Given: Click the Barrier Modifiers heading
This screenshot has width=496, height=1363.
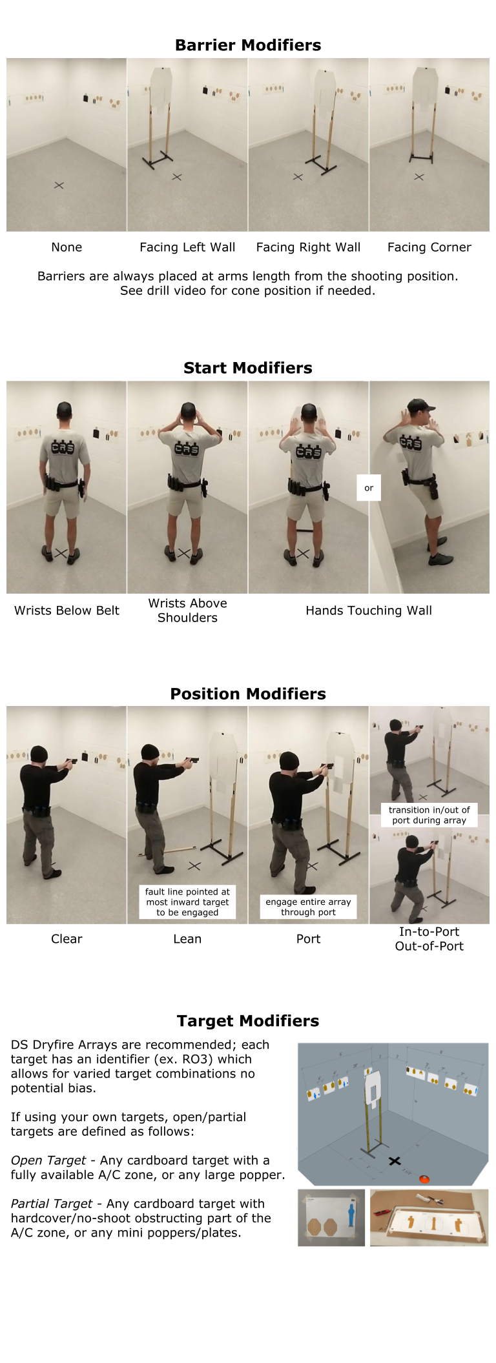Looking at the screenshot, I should tap(248, 45).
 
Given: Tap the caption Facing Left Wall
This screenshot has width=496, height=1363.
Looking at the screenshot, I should tap(187, 247).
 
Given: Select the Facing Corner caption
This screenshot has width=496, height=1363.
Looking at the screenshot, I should tap(429, 247).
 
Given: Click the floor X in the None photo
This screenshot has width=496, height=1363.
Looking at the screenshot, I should tap(59, 185).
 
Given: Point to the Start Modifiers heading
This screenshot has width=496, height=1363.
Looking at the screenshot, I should tap(248, 368).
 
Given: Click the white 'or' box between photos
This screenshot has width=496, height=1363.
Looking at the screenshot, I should tap(369, 488).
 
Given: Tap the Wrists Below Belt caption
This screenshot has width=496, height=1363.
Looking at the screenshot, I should tap(67, 611).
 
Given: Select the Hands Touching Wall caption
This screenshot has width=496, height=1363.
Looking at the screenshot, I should tap(369, 611).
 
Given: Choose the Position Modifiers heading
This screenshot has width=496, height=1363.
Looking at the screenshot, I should tap(248, 694).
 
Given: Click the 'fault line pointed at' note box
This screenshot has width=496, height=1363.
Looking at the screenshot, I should tap(187, 902).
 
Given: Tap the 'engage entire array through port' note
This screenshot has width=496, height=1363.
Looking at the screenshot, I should tap(308, 907).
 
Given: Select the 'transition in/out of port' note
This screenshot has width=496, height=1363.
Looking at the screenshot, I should tap(429, 814).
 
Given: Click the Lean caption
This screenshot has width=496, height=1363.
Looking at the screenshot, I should tap(187, 939).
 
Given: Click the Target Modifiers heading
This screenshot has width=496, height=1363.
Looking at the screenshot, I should tap(248, 1021).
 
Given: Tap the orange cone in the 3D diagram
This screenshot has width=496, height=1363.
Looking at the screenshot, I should tap(424, 1179).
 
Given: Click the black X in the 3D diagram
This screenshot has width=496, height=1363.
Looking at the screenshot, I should tap(395, 1161).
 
